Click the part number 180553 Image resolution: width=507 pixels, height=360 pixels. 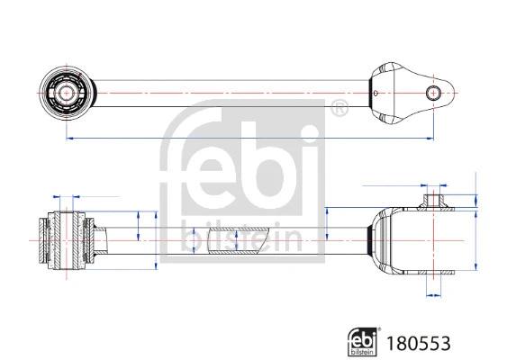click(x=418, y=343)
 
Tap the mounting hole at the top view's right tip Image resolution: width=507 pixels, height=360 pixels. click(x=434, y=92)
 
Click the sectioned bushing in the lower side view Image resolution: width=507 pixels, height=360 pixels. click(x=65, y=238)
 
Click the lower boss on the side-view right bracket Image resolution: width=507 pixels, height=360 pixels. click(x=434, y=280)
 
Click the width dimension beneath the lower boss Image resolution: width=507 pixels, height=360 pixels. click(x=434, y=293)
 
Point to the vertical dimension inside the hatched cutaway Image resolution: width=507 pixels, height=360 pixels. click(x=236, y=240)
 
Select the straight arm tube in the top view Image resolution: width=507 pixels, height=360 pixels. click(x=225, y=92)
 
